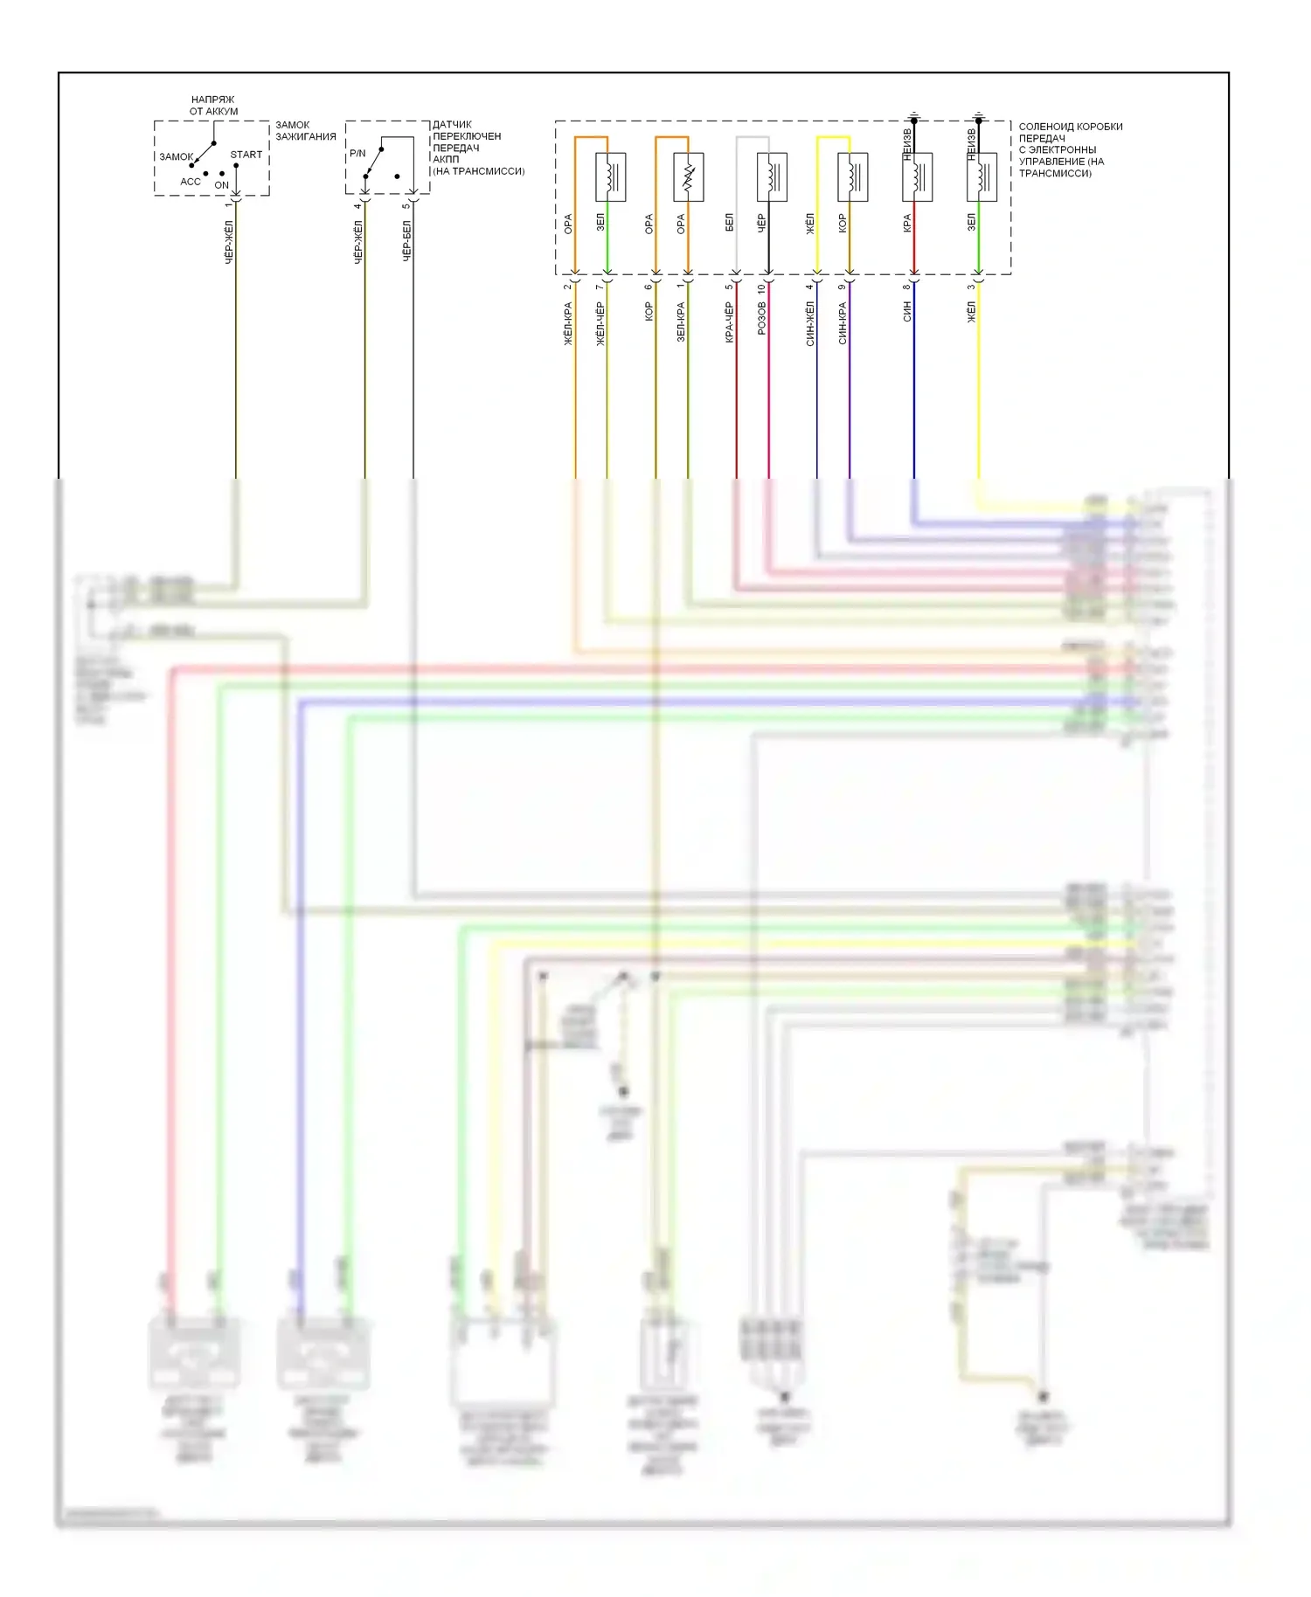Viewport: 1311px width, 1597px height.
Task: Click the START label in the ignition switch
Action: (x=246, y=155)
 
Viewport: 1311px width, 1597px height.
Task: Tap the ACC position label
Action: (x=191, y=182)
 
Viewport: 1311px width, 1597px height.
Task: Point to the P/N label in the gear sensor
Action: (x=357, y=154)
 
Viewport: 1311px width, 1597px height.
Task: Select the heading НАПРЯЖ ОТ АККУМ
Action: (x=213, y=106)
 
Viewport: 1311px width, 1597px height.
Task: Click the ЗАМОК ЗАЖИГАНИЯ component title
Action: (x=306, y=131)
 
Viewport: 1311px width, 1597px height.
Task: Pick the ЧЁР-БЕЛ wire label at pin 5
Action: (x=406, y=241)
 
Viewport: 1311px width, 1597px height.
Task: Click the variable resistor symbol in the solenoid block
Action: (x=688, y=177)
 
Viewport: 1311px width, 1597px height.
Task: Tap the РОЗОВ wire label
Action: (x=761, y=319)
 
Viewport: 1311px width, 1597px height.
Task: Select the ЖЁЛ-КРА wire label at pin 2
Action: (x=568, y=323)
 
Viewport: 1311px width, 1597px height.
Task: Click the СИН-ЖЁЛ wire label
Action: (x=810, y=323)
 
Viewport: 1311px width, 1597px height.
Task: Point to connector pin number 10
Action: (x=761, y=287)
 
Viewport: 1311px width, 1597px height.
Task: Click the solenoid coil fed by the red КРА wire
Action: (x=918, y=177)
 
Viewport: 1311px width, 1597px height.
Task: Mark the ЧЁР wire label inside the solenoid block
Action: (x=761, y=223)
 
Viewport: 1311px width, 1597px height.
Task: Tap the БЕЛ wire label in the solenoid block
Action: (x=729, y=223)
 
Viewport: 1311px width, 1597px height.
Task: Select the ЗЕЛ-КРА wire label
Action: (x=681, y=321)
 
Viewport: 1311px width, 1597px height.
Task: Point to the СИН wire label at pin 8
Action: (x=907, y=312)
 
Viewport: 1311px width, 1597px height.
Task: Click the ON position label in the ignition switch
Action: (x=221, y=185)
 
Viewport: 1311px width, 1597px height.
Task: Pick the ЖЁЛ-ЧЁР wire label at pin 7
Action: (x=600, y=323)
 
